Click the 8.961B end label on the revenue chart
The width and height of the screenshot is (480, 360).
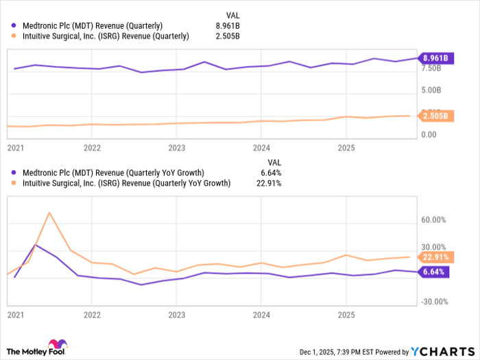click(x=434, y=58)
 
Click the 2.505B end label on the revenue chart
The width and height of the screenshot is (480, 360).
click(x=434, y=116)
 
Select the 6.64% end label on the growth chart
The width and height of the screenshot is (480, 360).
click(x=434, y=272)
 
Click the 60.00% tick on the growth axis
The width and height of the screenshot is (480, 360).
click(x=434, y=220)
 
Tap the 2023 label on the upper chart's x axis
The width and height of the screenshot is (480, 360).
click(x=177, y=147)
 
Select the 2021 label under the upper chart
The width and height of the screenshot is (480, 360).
click(x=15, y=147)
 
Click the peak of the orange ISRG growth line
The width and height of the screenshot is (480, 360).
click(x=49, y=213)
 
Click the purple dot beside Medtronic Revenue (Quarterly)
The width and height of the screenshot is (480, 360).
click(x=14, y=26)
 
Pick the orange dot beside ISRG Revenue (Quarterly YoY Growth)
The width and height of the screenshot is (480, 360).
click(x=14, y=183)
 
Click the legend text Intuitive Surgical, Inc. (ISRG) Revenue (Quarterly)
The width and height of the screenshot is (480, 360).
click(x=106, y=36)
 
